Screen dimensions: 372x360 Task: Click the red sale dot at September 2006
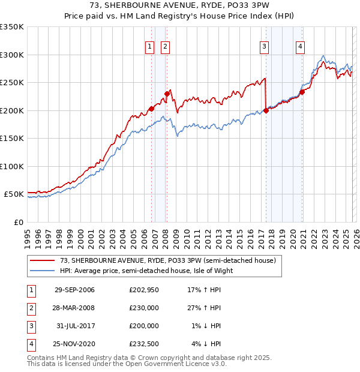tap(151, 109)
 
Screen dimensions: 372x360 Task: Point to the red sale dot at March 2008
tap(167, 94)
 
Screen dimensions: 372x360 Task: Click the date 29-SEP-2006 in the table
tap(74, 290)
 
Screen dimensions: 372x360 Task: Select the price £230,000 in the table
tap(144, 308)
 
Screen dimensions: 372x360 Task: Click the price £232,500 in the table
tap(144, 344)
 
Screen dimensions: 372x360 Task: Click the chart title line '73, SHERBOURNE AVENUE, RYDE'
tap(180, 6)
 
